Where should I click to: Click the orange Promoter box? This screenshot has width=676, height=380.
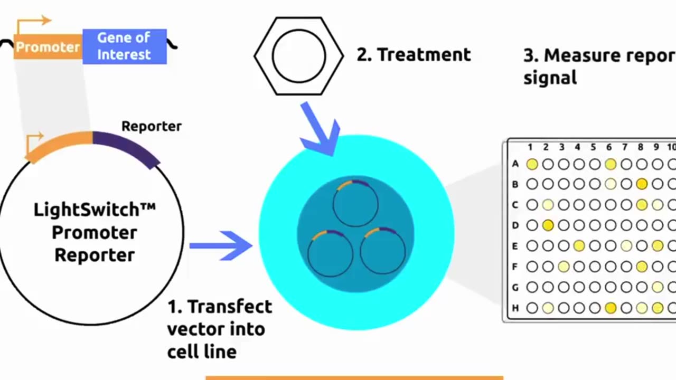[48, 47]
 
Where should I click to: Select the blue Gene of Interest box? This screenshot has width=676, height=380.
[124, 46]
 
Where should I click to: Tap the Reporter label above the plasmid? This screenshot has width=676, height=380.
[151, 126]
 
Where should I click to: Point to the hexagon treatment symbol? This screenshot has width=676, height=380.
[298, 55]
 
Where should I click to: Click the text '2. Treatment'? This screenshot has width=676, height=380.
[413, 54]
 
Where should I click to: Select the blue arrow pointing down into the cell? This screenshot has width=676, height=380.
[321, 129]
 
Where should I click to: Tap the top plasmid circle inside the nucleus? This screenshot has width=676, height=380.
[355, 203]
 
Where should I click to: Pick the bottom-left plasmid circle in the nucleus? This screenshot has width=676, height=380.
[330, 253]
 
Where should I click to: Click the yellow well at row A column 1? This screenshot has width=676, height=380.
[532, 164]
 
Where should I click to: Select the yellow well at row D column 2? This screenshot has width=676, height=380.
[548, 225]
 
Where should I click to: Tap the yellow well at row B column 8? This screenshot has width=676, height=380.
[642, 184]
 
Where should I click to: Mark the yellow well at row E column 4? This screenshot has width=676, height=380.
[579, 245]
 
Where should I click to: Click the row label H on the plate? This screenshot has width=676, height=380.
[515, 308]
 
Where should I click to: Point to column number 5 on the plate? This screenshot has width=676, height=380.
[594, 147]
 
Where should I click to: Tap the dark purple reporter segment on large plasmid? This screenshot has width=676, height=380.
[127, 146]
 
